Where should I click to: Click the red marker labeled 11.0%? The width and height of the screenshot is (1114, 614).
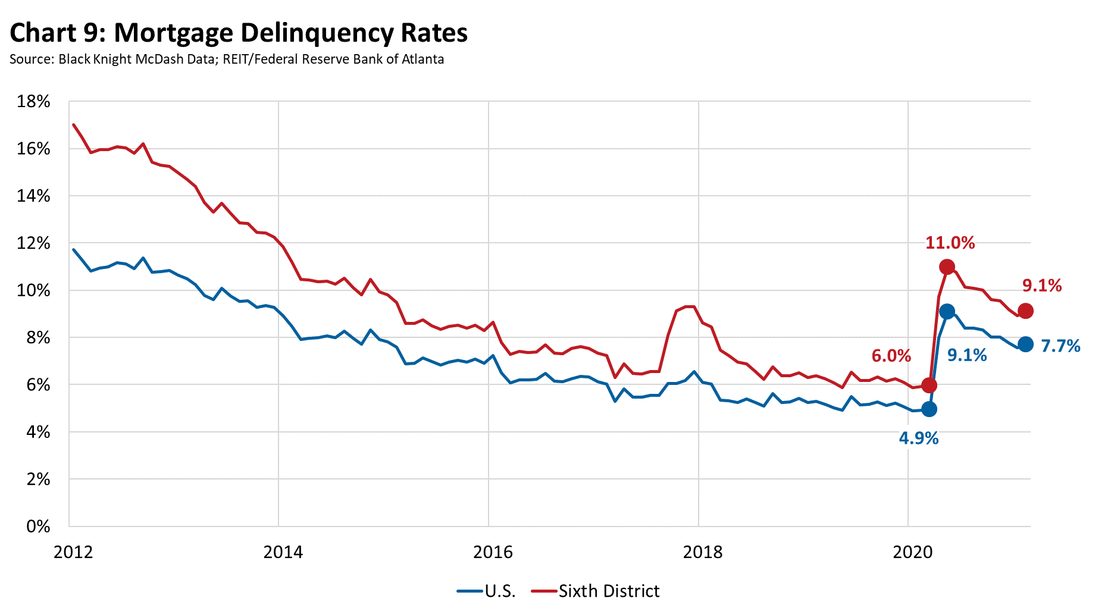coord(947,267)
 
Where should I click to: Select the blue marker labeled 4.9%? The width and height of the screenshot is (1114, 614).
coord(929,409)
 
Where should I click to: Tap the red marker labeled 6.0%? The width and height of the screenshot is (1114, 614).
coord(929,385)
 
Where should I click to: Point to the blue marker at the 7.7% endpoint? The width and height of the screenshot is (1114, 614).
coord(1025,344)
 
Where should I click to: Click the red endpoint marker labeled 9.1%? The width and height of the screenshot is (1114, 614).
coord(1025,311)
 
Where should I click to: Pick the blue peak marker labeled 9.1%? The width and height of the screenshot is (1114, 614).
coord(947,311)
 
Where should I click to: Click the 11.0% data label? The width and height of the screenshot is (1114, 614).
coord(950,243)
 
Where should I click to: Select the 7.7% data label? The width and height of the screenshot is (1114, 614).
coord(1060,346)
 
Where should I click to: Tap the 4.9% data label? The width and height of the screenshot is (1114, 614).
coord(918,438)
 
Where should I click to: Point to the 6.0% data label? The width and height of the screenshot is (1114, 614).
coord(891,356)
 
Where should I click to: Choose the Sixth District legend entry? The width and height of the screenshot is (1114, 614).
coord(608,591)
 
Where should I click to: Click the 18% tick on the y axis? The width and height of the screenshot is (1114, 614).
coord(34,102)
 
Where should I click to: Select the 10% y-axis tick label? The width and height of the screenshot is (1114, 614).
coord(34,290)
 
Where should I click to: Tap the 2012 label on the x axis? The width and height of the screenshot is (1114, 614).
coord(73,552)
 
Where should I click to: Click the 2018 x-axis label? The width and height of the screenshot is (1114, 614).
coord(703,552)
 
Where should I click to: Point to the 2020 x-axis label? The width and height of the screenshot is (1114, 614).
coord(912,552)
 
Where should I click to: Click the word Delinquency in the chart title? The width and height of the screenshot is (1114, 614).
coord(312,33)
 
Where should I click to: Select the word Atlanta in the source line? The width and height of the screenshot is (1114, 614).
coord(423,59)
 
